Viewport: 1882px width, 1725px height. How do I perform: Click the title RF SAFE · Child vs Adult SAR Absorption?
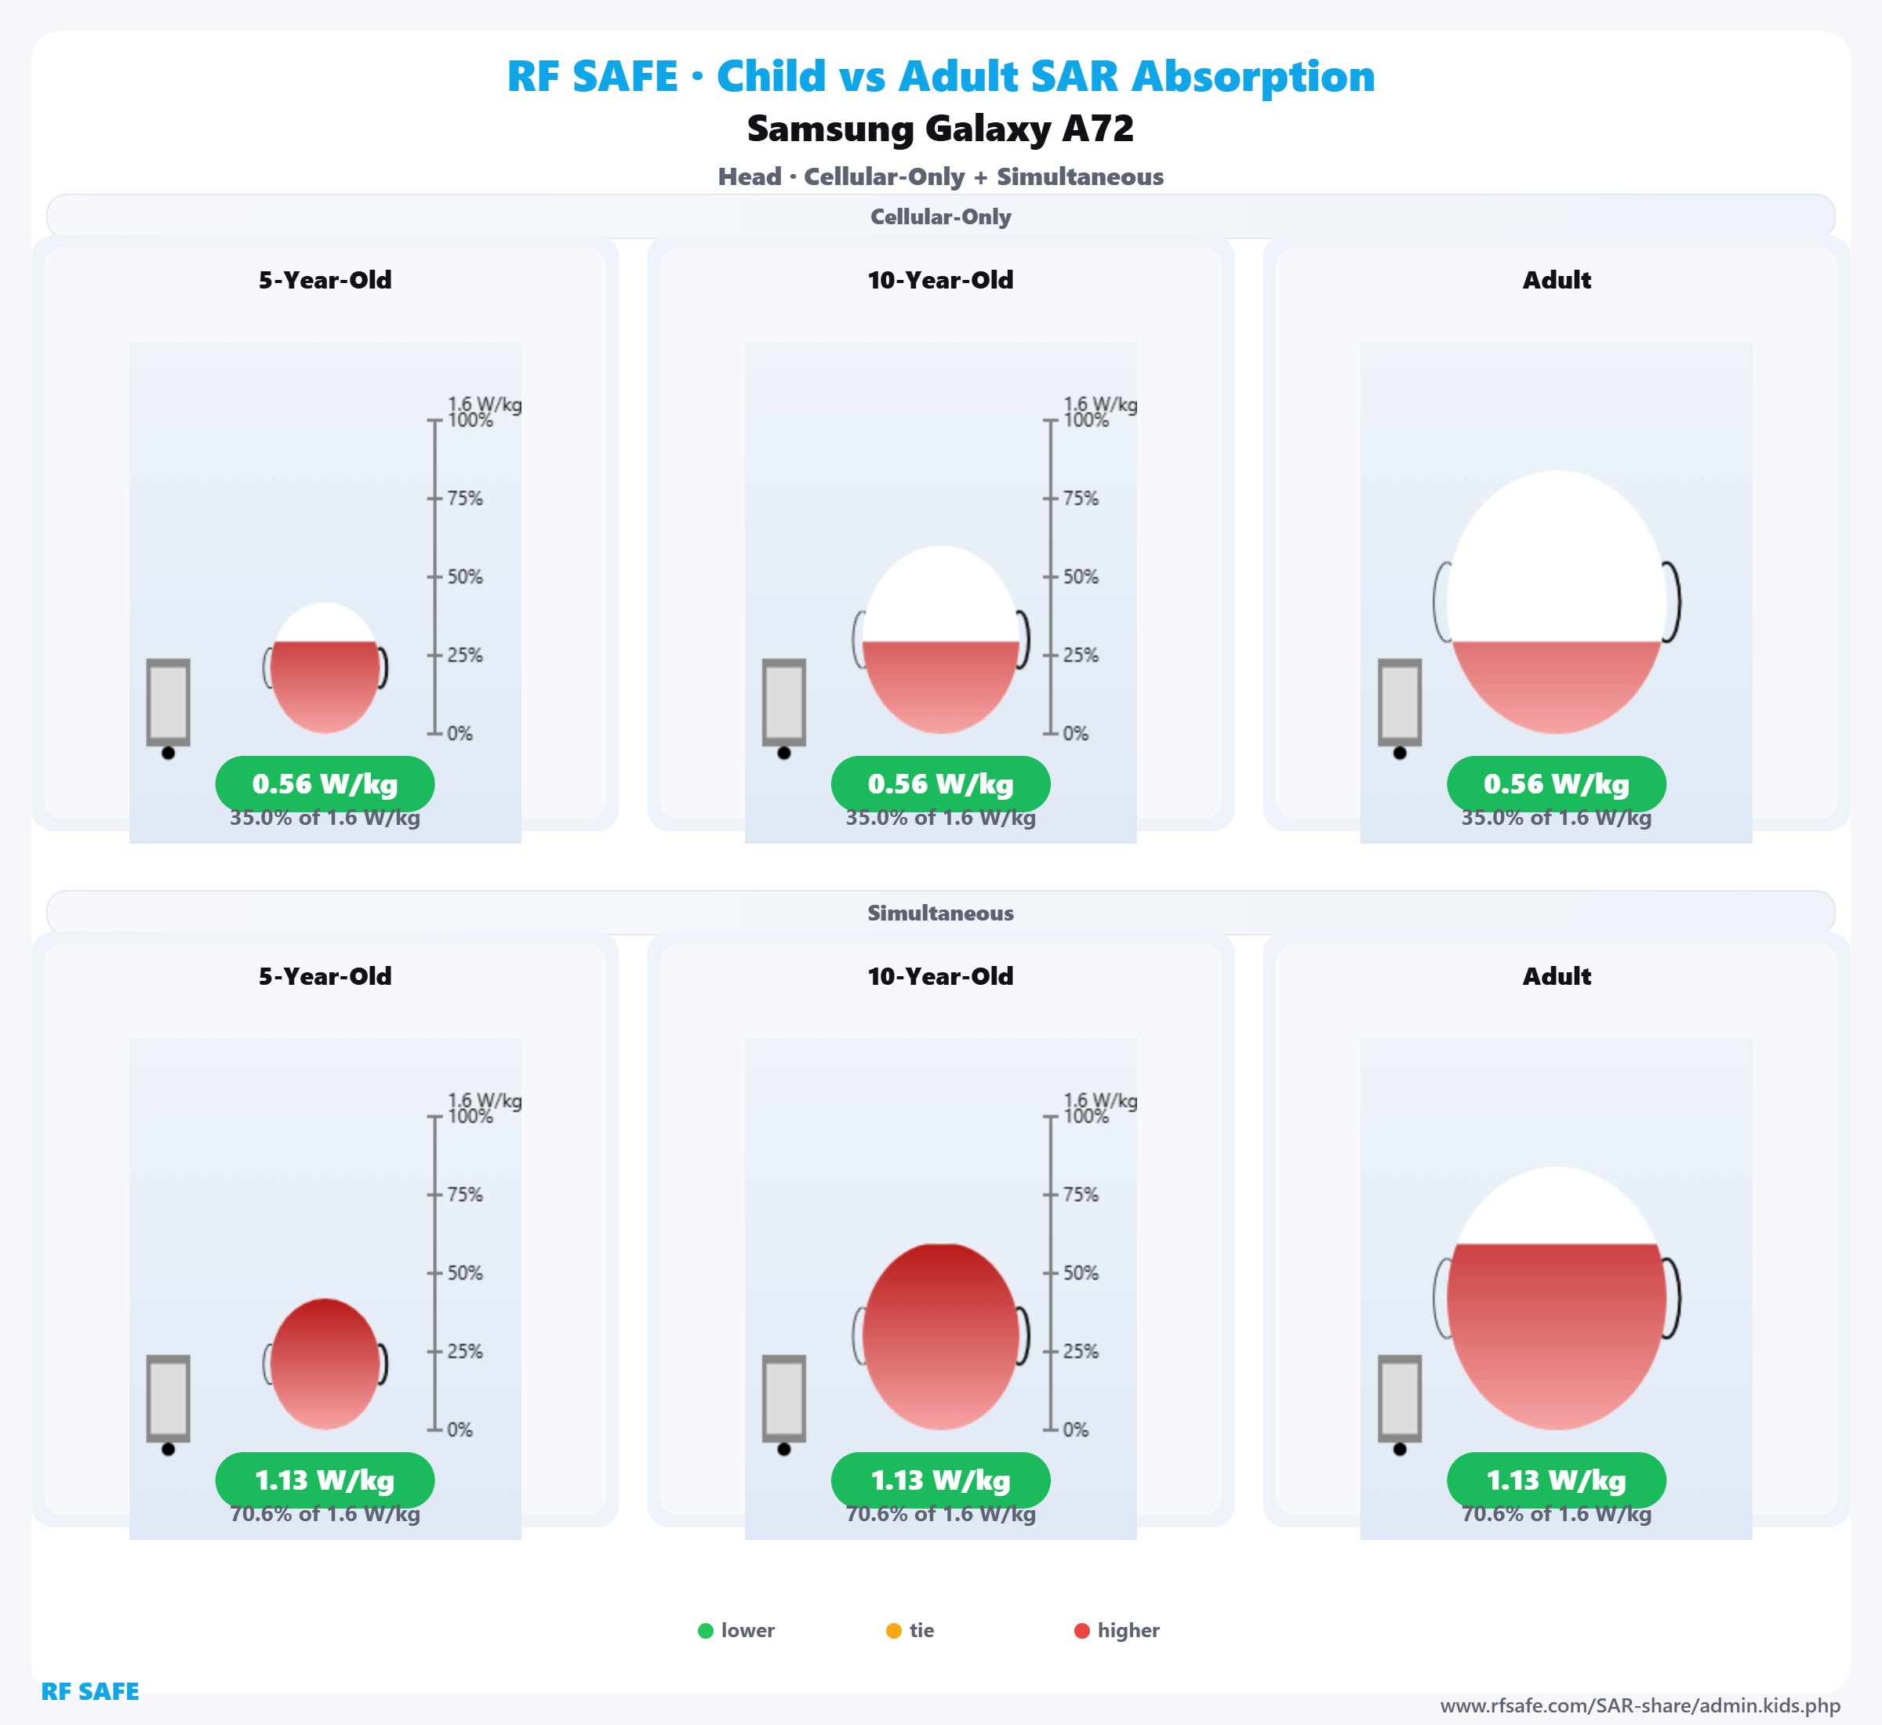click(940, 77)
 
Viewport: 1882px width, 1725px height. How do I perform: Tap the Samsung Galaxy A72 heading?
click(940, 129)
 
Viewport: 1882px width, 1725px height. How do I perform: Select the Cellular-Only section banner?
click(940, 216)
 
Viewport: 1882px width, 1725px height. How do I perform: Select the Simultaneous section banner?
click(940, 913)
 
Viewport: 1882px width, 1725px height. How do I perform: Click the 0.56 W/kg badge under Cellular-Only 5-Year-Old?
click(325, 784)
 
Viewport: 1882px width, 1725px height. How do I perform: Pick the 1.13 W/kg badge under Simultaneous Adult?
click(1557, 1480)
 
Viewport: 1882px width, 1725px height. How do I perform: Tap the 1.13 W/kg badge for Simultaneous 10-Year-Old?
click(940, 1480)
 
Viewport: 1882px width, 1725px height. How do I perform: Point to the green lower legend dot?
click(706, 1631)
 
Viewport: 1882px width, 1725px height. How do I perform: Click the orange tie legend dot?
click(893, 1631)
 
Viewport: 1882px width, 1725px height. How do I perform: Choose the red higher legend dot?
click(1082, 1631)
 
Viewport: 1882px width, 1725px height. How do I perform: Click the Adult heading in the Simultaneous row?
click(1557, 976)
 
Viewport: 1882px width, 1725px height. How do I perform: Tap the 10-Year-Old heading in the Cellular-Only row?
click(940, 280)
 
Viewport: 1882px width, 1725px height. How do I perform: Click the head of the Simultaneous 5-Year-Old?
click(325, 1364)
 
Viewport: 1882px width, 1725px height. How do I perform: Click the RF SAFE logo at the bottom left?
click(89, 1691)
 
